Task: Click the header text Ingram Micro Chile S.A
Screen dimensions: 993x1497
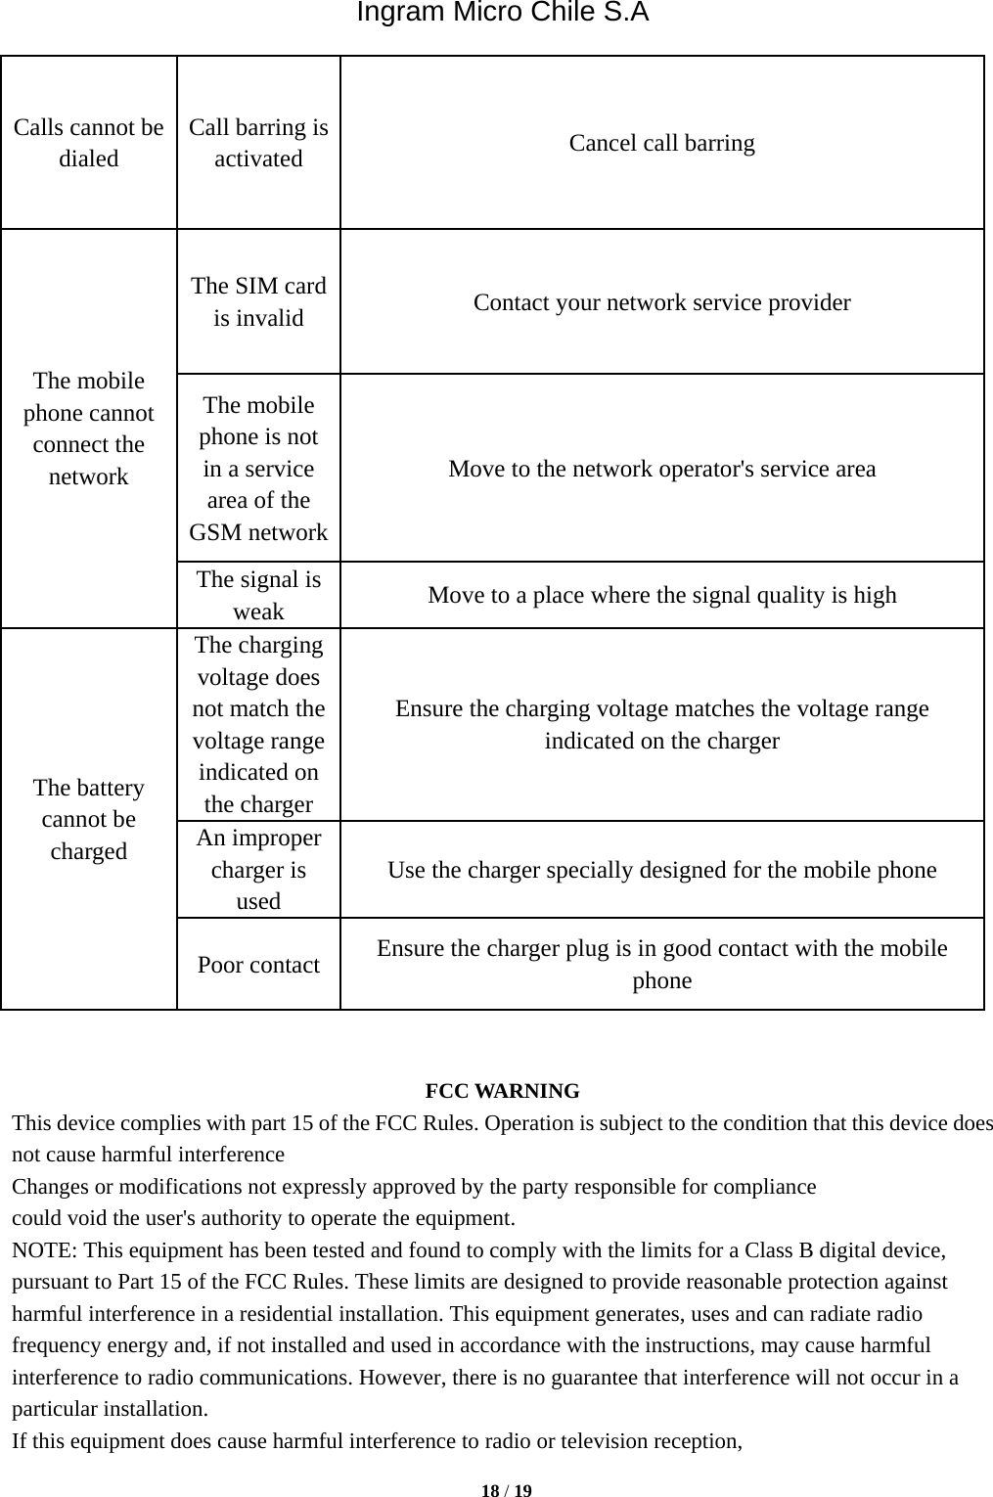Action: coord(502,14)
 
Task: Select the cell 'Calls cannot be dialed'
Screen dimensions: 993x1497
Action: coord(89,143)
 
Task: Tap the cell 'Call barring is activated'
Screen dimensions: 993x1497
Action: coord(258,143)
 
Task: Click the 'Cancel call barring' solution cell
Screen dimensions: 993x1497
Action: coord(661,143)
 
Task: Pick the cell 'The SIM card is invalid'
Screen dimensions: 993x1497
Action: coord(258,301)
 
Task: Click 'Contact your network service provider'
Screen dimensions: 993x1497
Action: coord(661,302)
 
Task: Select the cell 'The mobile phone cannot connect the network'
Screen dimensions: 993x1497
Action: coord(89,429)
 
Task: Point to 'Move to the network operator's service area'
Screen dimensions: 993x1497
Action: coord(661,469)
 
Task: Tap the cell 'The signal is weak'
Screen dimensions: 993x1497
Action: coord(258,595)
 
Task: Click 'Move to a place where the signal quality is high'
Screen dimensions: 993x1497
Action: coord(661,595)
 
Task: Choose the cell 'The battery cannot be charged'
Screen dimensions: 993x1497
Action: coord(89,819)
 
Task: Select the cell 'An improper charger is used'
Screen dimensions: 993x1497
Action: coord(258,870)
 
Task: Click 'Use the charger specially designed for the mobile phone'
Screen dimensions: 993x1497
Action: coord(661,870)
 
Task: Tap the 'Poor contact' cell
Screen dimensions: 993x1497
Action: coord(258,965)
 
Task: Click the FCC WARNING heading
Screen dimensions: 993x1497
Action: coord(502,1091)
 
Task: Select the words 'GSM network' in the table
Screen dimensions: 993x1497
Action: coord(258,532)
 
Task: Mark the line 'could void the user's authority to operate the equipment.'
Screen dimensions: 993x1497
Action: coord(263,1219)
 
